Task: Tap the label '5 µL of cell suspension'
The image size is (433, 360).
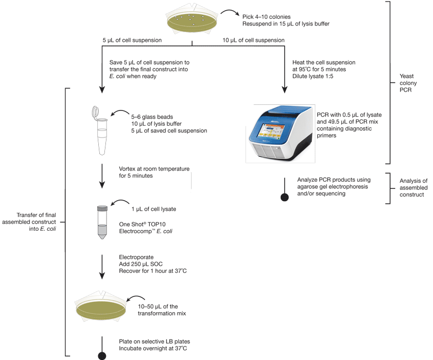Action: coord(132,40)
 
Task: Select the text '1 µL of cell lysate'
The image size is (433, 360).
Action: coord(153,209)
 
